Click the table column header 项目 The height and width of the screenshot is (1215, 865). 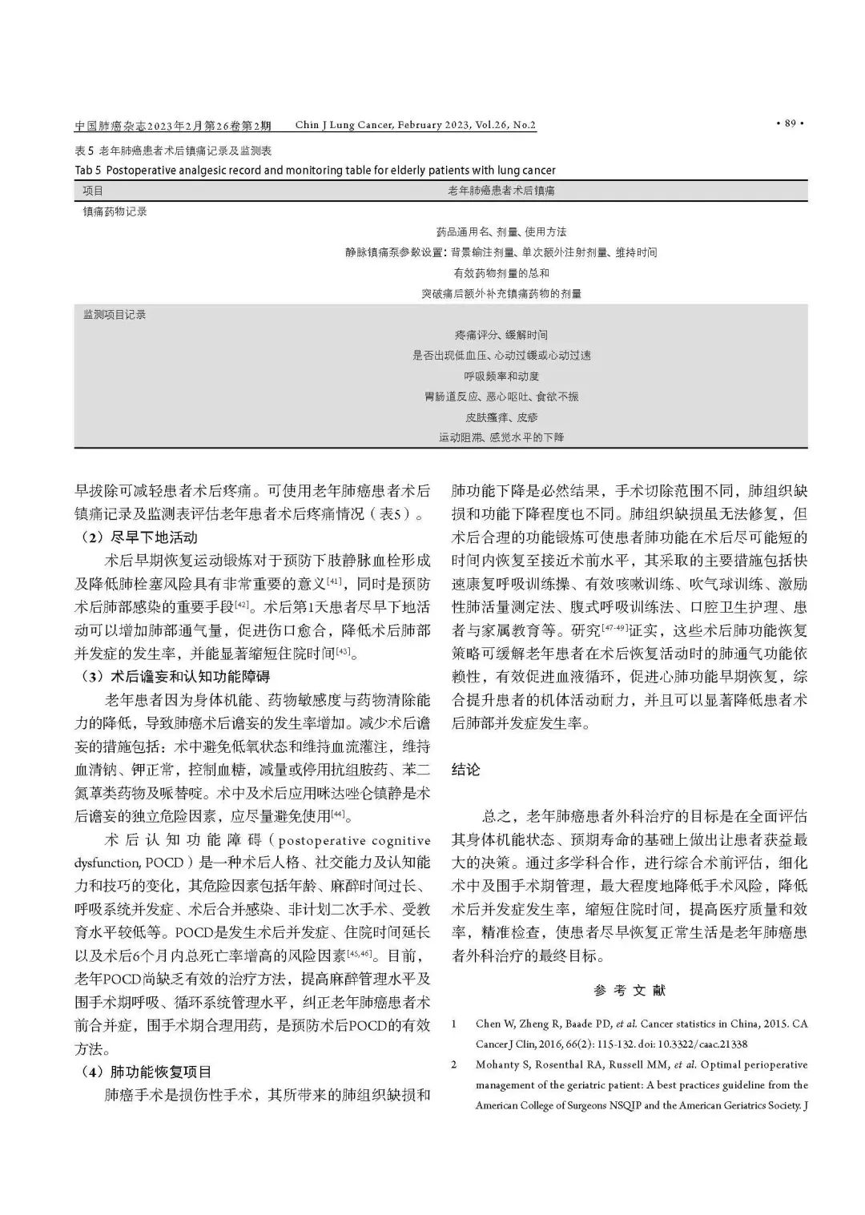pos(94,191)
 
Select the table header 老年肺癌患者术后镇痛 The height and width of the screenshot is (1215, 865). pos(501,191)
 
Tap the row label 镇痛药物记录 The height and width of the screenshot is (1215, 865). pos(115,211)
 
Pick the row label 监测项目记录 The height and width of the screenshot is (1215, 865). pos(115,315)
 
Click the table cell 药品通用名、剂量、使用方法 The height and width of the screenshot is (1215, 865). pos(501,231)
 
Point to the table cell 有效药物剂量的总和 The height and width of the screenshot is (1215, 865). pos(501,273)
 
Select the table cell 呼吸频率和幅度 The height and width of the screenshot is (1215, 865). pos(501,376)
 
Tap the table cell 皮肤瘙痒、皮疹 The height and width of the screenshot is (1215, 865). pos(501,417)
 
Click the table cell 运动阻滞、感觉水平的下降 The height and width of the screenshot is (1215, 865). pos(501,438)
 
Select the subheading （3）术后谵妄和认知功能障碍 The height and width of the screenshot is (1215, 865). pos(176,676)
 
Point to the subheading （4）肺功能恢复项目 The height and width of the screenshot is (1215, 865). pos(147,1072)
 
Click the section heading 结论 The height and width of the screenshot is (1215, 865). pos(466,770)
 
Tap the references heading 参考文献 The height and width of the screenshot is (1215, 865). pos(630,990)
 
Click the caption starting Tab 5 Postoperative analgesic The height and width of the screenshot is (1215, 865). pos(315,170)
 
